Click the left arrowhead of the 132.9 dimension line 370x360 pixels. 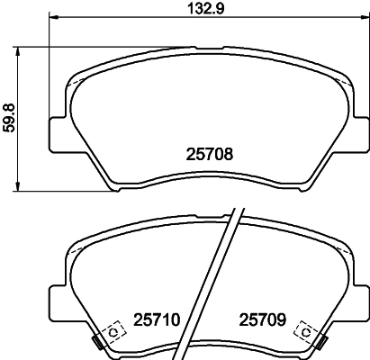[52, 16]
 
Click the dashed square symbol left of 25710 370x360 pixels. [113, 331]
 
